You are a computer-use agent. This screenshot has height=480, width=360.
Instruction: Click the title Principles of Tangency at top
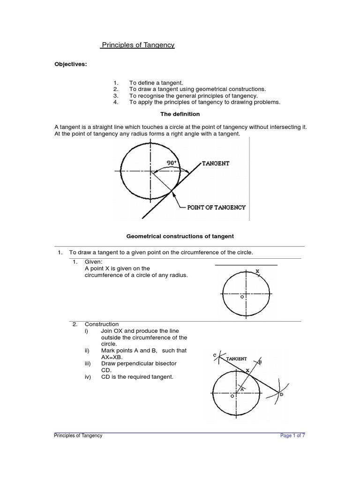(x=138, y=45)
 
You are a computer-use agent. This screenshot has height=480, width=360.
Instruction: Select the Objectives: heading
(x=71, y=64)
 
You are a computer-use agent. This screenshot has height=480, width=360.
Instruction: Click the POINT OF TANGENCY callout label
(x=217, y=207)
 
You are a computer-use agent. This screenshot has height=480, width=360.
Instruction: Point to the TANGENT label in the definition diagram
(x=216, y=163)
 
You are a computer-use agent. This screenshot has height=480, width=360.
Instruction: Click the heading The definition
(x=180, y=114)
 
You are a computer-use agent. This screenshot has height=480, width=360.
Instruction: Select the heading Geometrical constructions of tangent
(x=180, y=236)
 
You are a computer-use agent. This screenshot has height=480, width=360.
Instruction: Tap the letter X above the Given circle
(x=257, y=271)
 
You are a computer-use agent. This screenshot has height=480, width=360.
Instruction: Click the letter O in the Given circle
(x=242, y=297)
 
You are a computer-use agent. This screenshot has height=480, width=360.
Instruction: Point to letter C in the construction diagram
(x=214, y=355)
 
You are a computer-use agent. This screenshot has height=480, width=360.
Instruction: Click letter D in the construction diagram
(x=281, y=395)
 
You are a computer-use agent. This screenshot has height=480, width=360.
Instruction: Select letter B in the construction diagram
(x=260, y=362)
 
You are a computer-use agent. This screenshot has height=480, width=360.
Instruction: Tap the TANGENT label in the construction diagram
(x=237, y=359)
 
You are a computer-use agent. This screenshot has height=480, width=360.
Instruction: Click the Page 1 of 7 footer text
(x=292, y=435)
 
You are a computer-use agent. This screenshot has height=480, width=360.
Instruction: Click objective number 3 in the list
(x=115, y=95)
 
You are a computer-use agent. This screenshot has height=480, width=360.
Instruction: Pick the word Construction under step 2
(x=102, y=324)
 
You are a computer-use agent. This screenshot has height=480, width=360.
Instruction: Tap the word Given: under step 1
(x=93, y=261)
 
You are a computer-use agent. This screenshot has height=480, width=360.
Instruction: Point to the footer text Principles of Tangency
(x=79, y=435)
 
